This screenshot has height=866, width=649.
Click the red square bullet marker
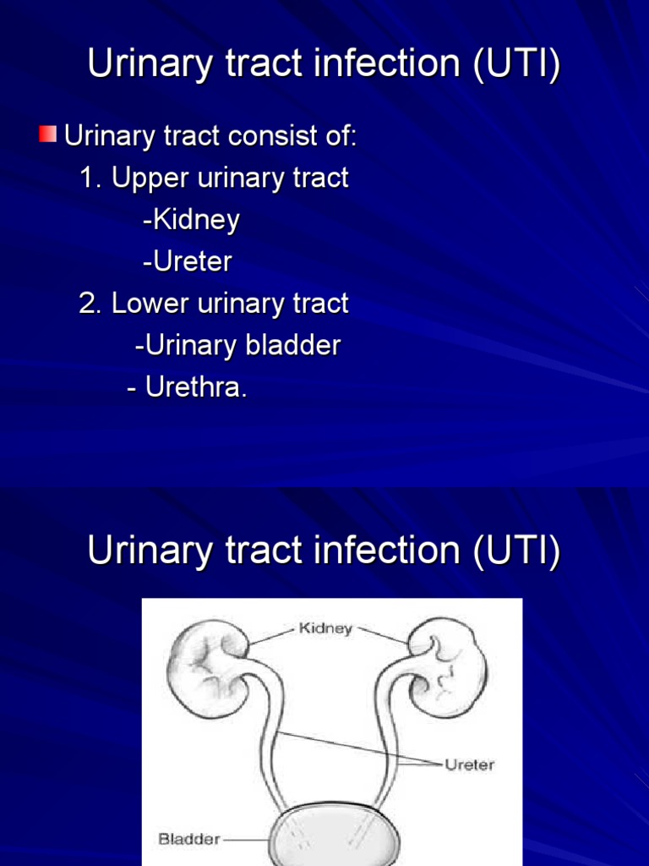point(47,134)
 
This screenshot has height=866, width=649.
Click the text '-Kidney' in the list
point(192,221)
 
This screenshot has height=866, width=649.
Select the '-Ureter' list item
point(188,262)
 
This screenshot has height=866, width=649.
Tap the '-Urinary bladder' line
point(237,346)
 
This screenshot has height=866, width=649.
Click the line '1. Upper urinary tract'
point(214,178)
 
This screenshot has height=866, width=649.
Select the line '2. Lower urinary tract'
point(214,304)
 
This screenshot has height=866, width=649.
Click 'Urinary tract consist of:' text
point(211,136)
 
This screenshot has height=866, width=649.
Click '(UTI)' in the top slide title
point(515,67)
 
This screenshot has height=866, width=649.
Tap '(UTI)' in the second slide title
point(515,552)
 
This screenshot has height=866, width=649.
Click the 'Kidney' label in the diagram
point(325,629)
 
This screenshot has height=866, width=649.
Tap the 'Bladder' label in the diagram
point(189,840)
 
